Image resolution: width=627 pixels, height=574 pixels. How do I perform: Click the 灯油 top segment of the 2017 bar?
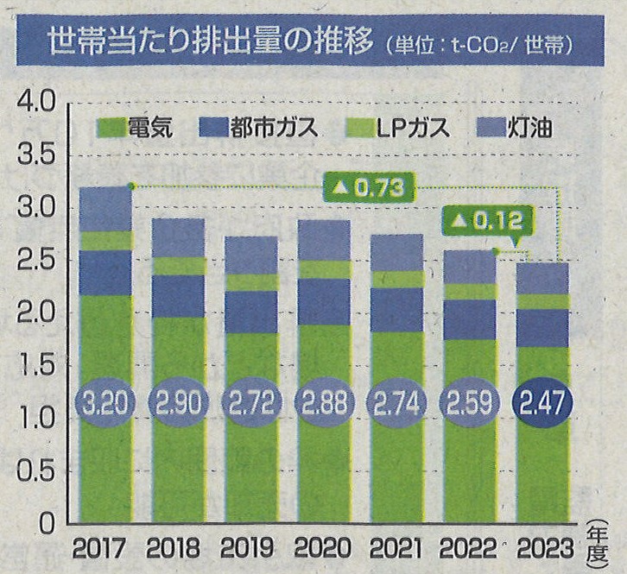pos(105,209)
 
